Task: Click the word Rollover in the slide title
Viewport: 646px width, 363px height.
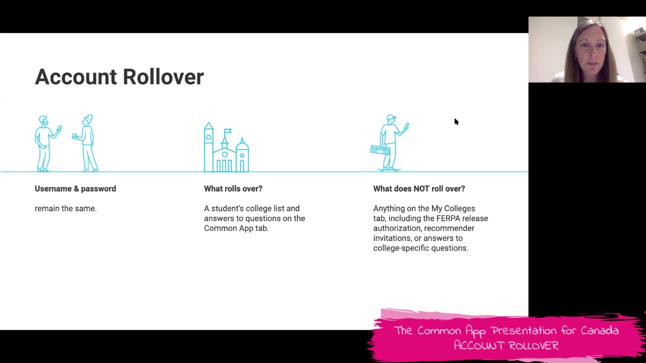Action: [x=164, y=77]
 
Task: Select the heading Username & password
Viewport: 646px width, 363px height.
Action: [x=75, y=189]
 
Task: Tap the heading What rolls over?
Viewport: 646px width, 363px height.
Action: [x=233, y=189]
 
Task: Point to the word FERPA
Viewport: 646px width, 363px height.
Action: [x=448, y=218]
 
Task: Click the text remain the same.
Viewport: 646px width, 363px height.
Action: [x=66, y=209]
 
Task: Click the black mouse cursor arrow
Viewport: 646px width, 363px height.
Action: [x=456, y=122]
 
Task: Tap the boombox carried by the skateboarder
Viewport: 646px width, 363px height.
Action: [x=380, y=150]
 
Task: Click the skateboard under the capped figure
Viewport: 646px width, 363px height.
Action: [x=390, y=170]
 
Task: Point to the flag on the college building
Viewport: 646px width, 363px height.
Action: [x=228, y=132]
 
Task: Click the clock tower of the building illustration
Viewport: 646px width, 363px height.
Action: [x=208, y=147]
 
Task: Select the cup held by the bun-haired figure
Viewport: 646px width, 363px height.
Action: [x=74, y=136]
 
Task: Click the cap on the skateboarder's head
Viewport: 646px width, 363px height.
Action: [x=391, y=117]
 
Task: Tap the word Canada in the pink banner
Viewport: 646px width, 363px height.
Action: [x=600, y=330]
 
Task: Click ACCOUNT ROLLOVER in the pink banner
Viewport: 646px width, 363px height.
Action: [x=506, y=345]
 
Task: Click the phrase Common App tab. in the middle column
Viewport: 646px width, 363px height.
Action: [x=237, y=228]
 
